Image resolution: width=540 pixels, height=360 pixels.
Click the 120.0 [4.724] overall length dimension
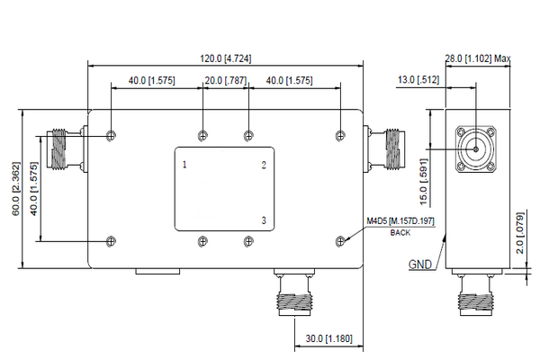coord(225,58)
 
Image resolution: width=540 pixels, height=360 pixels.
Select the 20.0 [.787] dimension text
coord(225,81)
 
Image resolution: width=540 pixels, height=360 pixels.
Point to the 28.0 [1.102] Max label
coord(478,59)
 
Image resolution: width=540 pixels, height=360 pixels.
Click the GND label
coord(419,265)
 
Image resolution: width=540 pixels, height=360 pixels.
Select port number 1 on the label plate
coord(184,165)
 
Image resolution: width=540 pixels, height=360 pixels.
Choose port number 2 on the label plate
coord(264,165)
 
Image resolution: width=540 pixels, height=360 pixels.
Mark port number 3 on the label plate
coord(264,220)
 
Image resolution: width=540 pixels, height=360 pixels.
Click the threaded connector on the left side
coord(61,149)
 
